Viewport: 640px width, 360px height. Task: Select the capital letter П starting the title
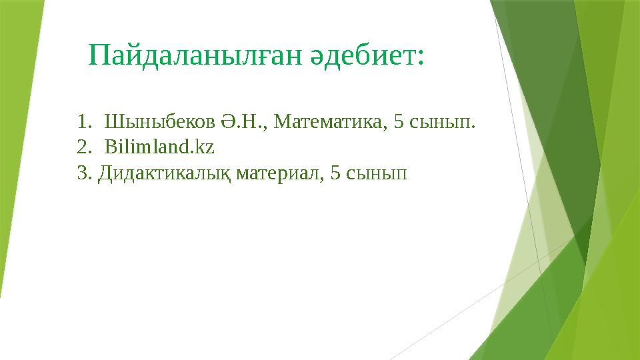(x=99, y=55)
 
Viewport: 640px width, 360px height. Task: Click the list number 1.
(x=82, y=123)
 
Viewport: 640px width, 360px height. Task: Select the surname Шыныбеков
(x=160, y=123)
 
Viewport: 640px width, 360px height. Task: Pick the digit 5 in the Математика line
(x=399, y=123)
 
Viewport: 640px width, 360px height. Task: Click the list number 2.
(x=83, y=147)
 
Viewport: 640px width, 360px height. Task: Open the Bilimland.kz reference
(x=159, y=147)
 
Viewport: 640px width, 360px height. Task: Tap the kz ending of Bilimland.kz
(x=205, y=147)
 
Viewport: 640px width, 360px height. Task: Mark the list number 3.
(x=83, y=173)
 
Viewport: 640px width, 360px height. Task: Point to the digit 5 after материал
(x=335, y=173)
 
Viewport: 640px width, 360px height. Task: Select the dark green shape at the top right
(x=547, y=80)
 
